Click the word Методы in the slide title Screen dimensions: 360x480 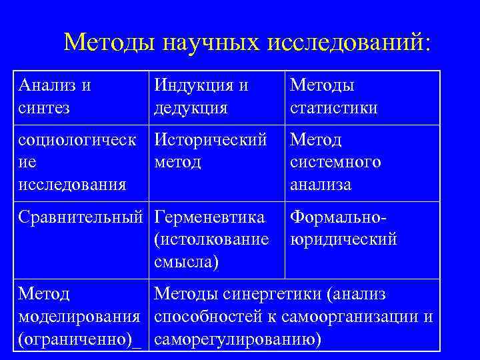(x=110, y=43)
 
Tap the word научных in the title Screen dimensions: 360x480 (x=211, y=43)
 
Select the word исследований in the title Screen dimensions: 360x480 (x=349, y=43)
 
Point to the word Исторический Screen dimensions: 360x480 (x=211, y=141)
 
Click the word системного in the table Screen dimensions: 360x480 (x=335, y=163)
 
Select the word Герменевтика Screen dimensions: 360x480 (x=209, y=217)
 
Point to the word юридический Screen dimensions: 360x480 (x=343, y=239)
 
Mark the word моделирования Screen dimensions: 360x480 (x=79, y=317)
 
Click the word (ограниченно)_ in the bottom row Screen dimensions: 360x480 (x=79, y=339)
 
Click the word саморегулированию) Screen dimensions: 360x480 (x=238, y=339)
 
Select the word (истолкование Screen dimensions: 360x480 (x=211, y=239)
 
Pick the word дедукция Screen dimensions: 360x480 (x=191, y=108)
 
